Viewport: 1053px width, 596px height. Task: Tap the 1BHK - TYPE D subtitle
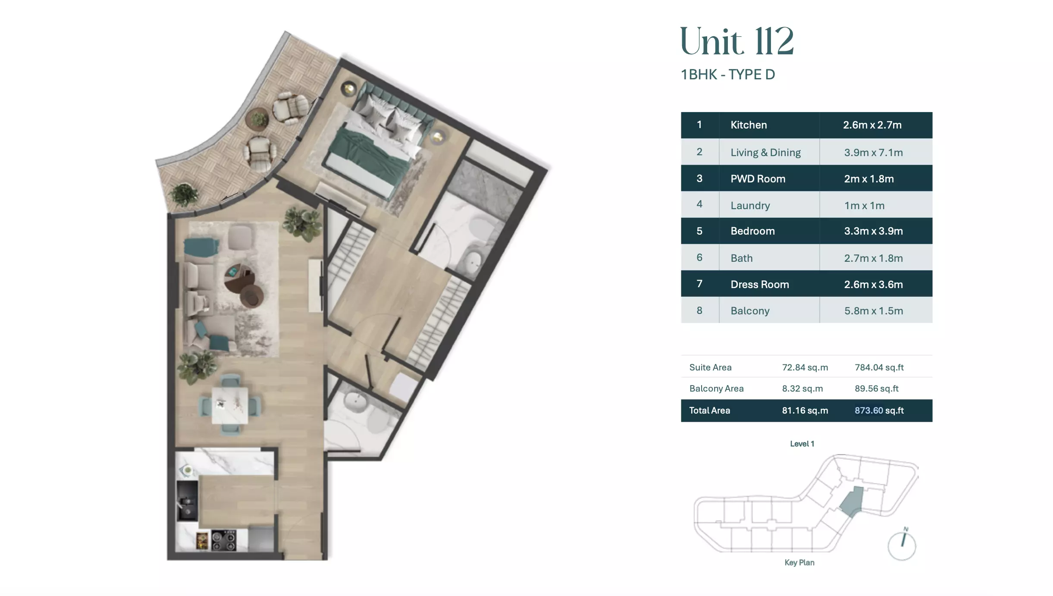(728, 75)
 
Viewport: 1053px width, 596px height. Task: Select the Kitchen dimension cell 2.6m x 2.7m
(872, 125)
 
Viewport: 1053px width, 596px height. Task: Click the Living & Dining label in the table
(765, 152)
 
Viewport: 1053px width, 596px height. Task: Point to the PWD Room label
(758, 179)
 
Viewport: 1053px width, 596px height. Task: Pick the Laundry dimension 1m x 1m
(864, 206)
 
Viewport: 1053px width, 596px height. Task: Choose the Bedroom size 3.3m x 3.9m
(873, 231)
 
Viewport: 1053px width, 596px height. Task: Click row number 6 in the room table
(699, 257)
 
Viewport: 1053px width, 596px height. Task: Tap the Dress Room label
(760, 284)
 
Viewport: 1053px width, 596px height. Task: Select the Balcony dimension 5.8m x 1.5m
(873, 311)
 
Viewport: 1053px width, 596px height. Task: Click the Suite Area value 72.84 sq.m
(805, 367)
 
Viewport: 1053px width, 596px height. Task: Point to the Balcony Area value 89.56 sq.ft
(877, 389)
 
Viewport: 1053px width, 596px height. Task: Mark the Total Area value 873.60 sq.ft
(879, 411)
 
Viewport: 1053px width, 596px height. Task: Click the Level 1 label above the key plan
(802, 444)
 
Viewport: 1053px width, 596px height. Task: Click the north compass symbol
(902, 544)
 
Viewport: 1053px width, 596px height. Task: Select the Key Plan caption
(799, 562)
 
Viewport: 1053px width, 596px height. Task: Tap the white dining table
(230, 405)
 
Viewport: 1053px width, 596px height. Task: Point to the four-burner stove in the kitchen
(223, 541)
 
